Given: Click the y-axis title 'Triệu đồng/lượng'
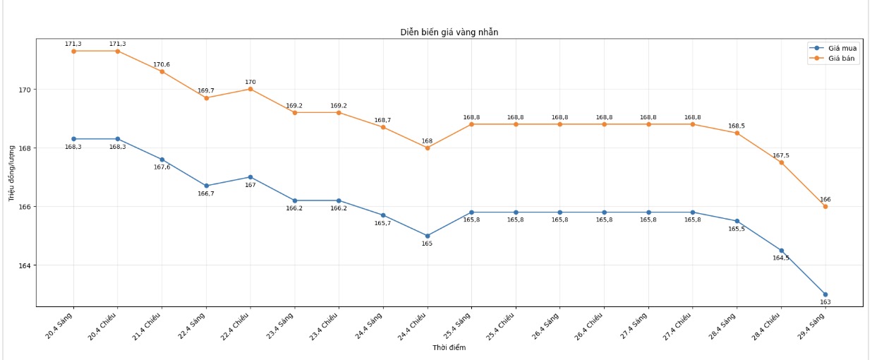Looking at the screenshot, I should [x=12, y=173].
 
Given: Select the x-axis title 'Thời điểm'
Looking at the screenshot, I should [x=449, y=347].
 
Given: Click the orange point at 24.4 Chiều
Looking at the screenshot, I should [x=428, y=148].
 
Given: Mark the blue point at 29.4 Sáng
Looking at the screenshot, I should [x=825, y=294].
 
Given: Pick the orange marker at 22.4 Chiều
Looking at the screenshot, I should [x=250, y=89].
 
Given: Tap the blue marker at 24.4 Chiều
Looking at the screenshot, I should [x=428, y=236].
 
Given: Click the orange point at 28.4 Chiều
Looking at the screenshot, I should [x=781, y=162].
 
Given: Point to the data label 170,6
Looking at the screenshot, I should [x=162, y=64].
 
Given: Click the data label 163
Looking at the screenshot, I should [x=825, y=302].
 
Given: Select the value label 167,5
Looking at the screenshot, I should [x=781, y=155].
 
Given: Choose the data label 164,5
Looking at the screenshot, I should [x=781, y=258].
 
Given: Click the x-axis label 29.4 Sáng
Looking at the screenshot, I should [x=812, y=325].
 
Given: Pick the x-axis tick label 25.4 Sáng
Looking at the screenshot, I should [x=458, y=325].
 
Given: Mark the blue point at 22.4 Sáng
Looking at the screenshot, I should [x=206, y=186].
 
